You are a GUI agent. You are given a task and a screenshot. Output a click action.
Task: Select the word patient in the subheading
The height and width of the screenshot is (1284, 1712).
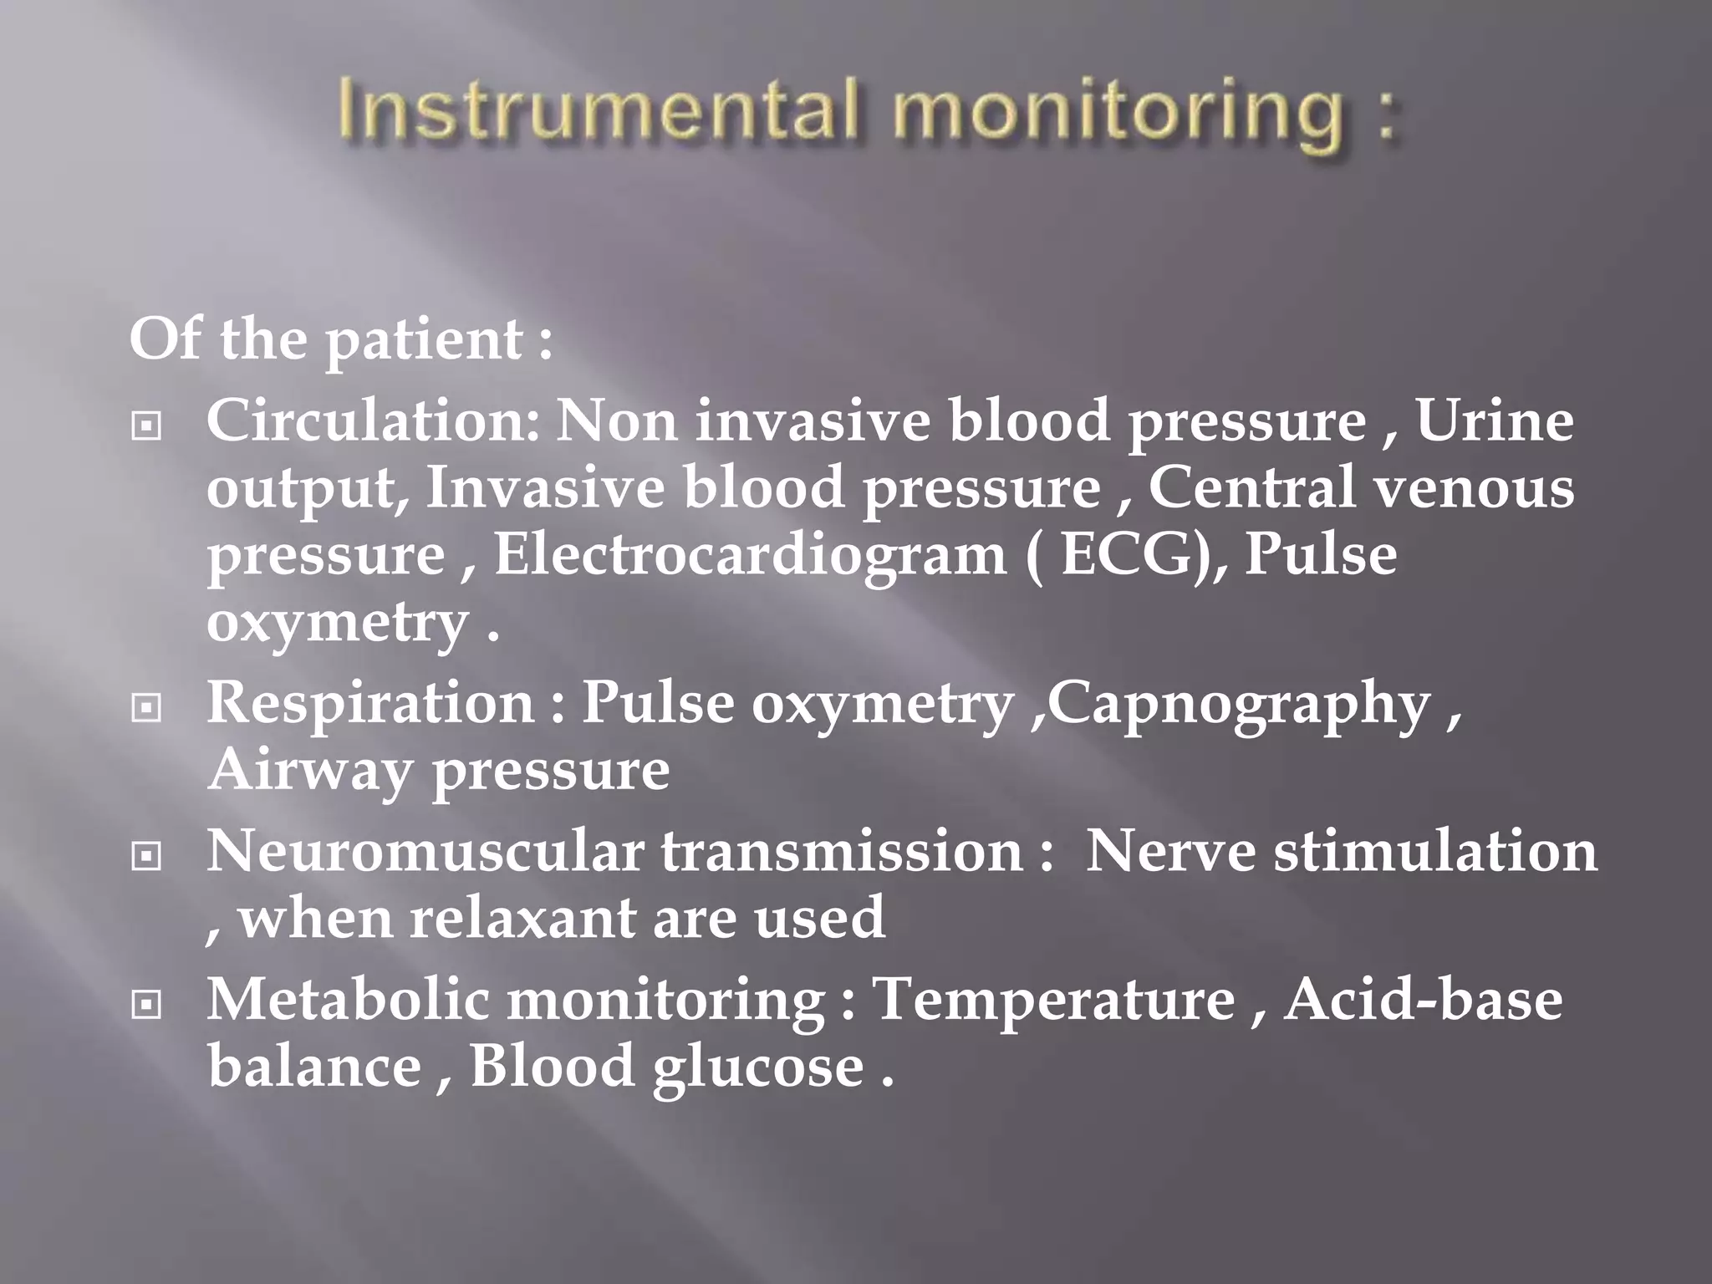(423, 340)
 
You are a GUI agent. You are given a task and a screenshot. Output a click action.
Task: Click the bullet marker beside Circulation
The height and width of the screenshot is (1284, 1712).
(146, 426)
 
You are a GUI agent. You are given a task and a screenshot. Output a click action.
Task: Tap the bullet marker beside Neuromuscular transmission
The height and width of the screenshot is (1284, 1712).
(146, 856)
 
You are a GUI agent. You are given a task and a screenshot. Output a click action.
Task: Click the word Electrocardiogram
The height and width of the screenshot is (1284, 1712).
(750, 555)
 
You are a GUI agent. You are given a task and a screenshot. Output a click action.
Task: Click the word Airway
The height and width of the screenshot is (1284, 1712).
(309, 771)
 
